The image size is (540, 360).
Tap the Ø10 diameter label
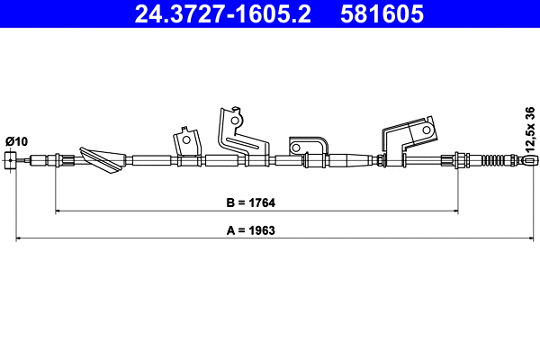pyautogui.click(x=17, y=141)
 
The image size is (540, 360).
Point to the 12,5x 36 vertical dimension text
pyautogui.click(x=529, y=130)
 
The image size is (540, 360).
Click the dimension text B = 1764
pyautogui.click(x=250, y=201)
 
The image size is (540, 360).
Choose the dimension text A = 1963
pyautogui.click(x=249, y=229)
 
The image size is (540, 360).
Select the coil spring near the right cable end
pyautogui.click(x=494, y=161)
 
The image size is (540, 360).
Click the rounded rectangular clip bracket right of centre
pyautogui.click(x=306, y=148)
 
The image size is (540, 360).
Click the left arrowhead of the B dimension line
pyautogui.click(x=58, y=211)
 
